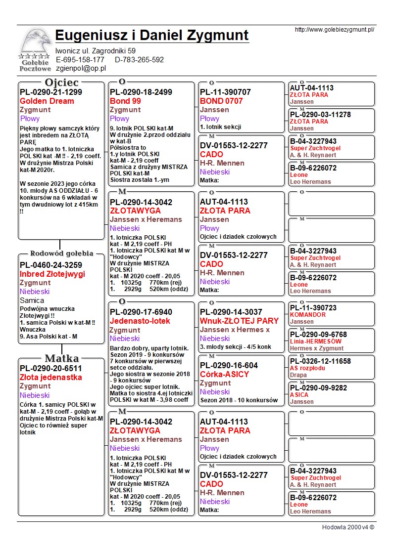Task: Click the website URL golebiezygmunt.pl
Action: point(334,30)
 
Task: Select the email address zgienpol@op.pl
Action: point(81,68)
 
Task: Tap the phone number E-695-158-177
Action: point(80,60)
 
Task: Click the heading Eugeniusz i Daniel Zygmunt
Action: point(152,36)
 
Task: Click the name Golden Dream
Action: point(47,101)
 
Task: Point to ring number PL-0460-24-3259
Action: point(51,265)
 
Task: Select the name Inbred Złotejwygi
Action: point(52,274)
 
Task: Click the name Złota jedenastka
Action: point(51,377)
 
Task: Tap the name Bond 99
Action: point(125,101)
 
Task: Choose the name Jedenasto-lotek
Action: point(140,321)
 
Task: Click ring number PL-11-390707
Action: point(225,92)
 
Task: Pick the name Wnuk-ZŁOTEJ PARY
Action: point(239,321)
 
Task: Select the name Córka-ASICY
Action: point(224,374)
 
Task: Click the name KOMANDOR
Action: point(308,315)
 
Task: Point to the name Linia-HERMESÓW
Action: point(316,342)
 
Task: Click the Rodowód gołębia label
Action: point(62,254)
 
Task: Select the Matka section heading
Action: point(62,358)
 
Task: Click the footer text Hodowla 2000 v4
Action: point(348,527)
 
